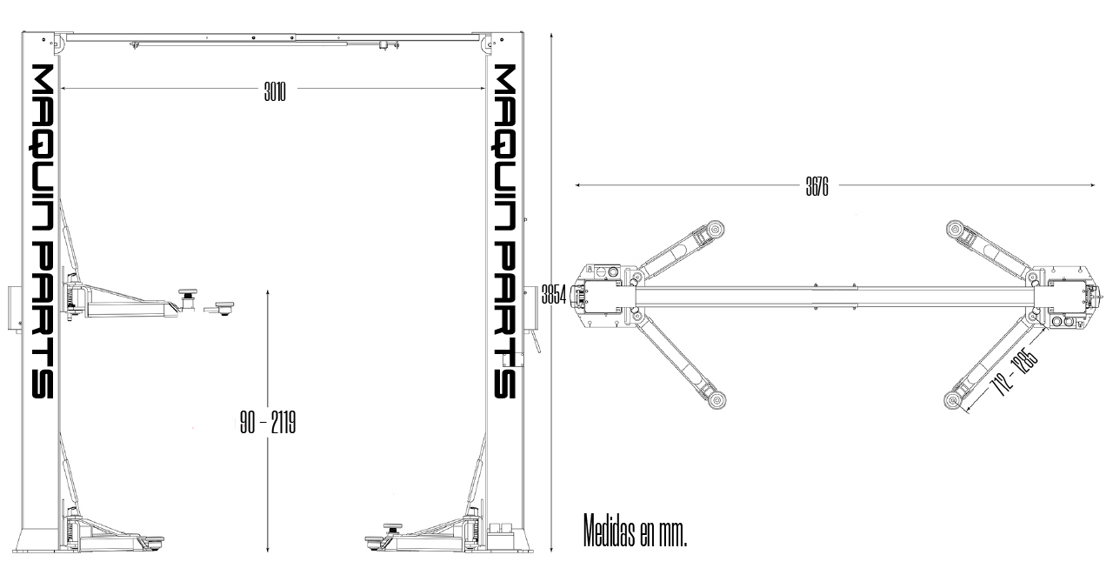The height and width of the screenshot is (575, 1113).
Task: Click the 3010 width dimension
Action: (275, 89)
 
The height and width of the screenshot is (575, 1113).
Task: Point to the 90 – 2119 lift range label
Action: (268, 424)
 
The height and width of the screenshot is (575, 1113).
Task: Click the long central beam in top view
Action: (835, 296)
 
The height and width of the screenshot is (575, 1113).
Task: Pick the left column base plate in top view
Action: (603, 296)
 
